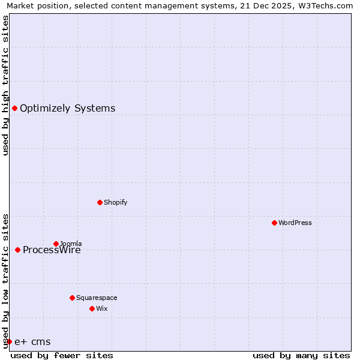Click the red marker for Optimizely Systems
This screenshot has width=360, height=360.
click(14, 108)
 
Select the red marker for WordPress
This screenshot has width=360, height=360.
click(274, 223)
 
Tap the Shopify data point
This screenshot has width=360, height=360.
click(100, 202)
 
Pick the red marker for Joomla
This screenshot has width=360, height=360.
click(56, 244)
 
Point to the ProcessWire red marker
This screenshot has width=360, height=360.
click(17, 250)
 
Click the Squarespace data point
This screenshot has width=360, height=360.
click(72, 298)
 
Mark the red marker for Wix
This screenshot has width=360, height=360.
click(92, 308)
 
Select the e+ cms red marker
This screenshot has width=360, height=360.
click(9, 341)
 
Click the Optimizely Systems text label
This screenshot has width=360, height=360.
click(67, 109)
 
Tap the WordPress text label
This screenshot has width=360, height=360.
click(295, 223)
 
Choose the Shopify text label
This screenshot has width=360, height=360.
click(116, 202)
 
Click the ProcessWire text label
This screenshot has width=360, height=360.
click(52, 251)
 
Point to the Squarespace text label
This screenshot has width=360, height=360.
click(97, 298)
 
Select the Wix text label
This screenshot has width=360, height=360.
click(101, 308)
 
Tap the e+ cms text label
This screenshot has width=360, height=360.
click(32, 342)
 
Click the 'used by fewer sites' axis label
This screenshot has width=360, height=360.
click(62, 355)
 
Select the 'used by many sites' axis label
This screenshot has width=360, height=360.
click(301, 355)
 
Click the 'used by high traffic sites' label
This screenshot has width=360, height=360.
click(6, 85)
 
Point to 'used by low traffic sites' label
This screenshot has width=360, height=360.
click(6, 281)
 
